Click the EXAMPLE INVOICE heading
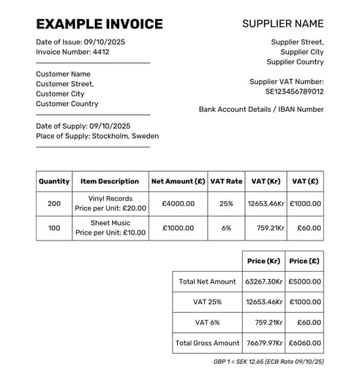pos(100,24)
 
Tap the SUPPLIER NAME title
pos(282,24)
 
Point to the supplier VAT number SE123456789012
pos(294,92)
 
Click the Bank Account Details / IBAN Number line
pos(261,110)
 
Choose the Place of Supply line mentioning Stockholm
pos(97,136)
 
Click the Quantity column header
pos(54,181)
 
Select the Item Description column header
pos(110,181)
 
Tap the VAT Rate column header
pos(226,181)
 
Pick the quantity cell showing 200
pos(54,203)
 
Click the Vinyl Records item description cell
pos(110,203)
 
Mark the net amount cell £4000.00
pos(178,203)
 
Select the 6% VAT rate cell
pos(226,228)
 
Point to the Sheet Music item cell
pos(110,228)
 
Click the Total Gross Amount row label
pos(207,343)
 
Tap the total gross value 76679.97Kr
pos(263,343)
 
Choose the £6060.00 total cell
pos(304,343)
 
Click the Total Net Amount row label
pos(207,281)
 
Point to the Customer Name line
pos(63,74)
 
